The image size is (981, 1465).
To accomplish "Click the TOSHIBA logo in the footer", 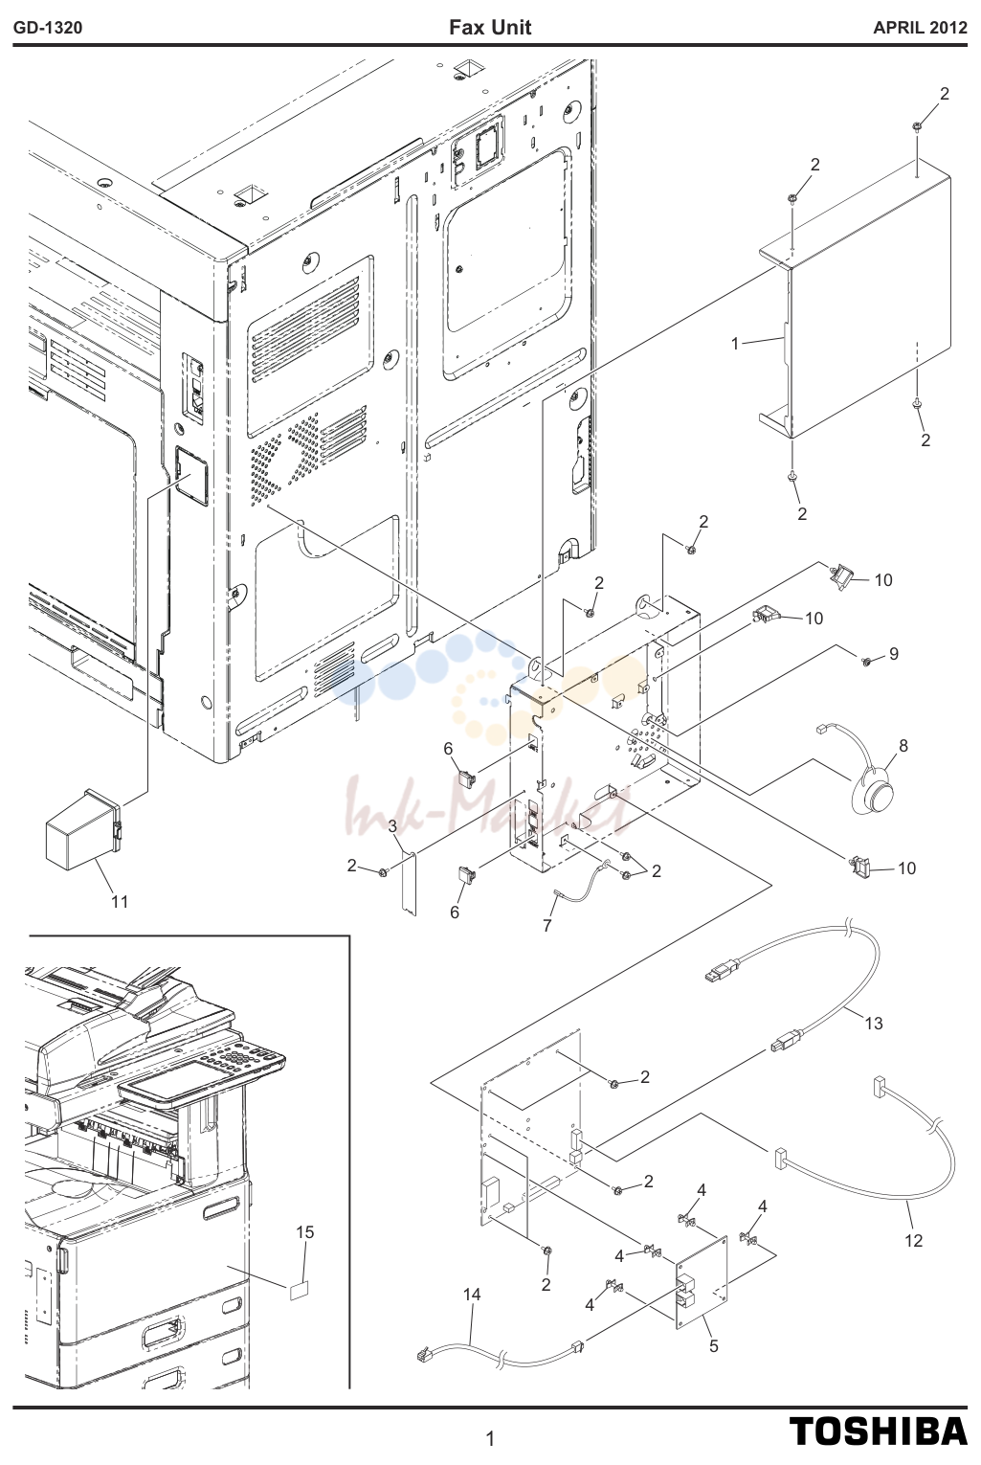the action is coord(879,1431).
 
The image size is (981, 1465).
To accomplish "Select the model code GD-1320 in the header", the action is coord(48,28).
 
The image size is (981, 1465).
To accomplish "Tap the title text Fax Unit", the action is coord(490,28).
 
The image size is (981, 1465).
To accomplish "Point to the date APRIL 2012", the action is coord(920,28).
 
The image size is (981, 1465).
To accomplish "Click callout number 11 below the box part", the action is coord(120,902).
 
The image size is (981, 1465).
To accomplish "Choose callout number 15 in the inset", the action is coord(305,1232).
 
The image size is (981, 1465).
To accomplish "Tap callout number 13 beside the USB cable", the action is coord(874,1024).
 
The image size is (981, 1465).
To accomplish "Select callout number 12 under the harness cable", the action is coord(913,1240).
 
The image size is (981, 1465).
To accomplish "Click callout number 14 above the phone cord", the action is coord(472,1295).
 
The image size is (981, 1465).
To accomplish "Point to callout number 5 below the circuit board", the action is coord(714,1346).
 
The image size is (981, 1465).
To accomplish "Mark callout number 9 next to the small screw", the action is coord(893,653).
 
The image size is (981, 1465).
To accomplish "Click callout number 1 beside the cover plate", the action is coord(735,344).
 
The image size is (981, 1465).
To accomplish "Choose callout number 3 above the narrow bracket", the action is coord(392,826).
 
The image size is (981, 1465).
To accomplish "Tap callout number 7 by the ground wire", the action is coord(547,925).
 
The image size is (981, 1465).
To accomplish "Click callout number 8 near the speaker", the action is coord(903,746).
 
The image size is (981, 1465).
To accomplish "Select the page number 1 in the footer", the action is coord(490,1439).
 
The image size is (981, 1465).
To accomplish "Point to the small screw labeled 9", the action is coord(866,663).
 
